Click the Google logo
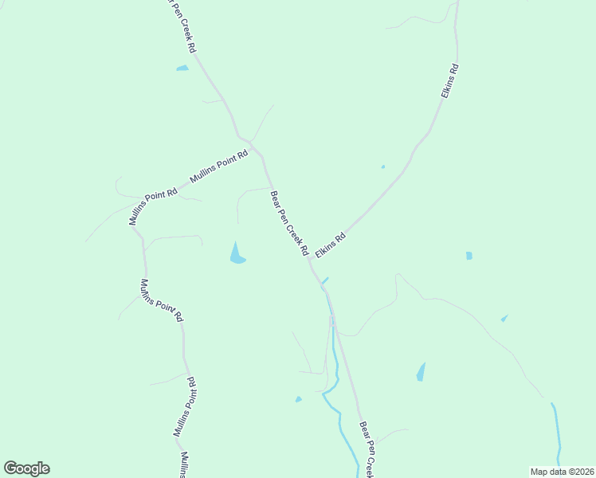pyautogui.click(x=26, y=468)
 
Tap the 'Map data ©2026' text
pyautogui.click(x=561, y=472)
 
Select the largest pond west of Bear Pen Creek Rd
pyautogui.click(x=237, y=253)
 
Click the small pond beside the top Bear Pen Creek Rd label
pyautogui.click(x=182, y=69)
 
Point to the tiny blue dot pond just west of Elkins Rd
pyautogui.click(x=383, y=167)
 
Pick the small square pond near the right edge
pyautogui.click(x=469, y=256)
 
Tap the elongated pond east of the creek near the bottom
pyautogui.click(x=421, y=372)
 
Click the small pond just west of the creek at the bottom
pyautogui.click(x=299, y=399)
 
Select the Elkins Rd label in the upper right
pyautogui.click(x=450, y=80)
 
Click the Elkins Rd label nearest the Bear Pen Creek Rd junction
pyautogui.click(x=331, y=245)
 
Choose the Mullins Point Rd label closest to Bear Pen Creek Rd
pyautogui.click(x=219, y=168)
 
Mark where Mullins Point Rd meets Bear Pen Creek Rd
pyautogui.click(x=253, y=145)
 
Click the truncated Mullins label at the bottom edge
pyautogui.click(x=183, y=465)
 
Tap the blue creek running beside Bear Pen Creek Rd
pyautogui.click(x=336, y=374)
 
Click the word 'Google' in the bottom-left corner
pyautogui.click(x=26, y=468)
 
